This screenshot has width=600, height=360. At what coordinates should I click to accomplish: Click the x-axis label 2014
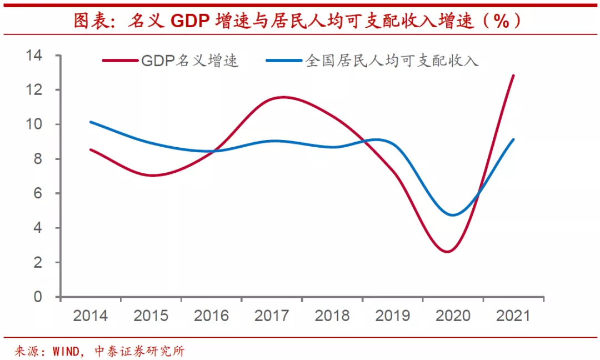91,316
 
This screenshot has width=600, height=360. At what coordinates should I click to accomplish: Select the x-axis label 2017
272,316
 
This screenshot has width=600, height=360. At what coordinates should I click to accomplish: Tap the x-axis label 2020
453,316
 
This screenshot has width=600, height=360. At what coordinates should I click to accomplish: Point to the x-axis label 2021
513,316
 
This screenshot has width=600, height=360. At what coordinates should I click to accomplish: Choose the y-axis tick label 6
38,193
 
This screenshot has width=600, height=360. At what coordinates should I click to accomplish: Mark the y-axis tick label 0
38,297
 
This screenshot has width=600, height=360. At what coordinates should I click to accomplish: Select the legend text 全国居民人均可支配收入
392,61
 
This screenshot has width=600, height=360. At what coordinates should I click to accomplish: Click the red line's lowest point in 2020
448,252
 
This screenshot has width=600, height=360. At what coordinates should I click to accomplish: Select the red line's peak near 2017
283,97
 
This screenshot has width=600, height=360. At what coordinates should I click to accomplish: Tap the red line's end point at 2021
513,76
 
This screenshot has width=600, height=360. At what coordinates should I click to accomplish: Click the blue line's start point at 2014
91,122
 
